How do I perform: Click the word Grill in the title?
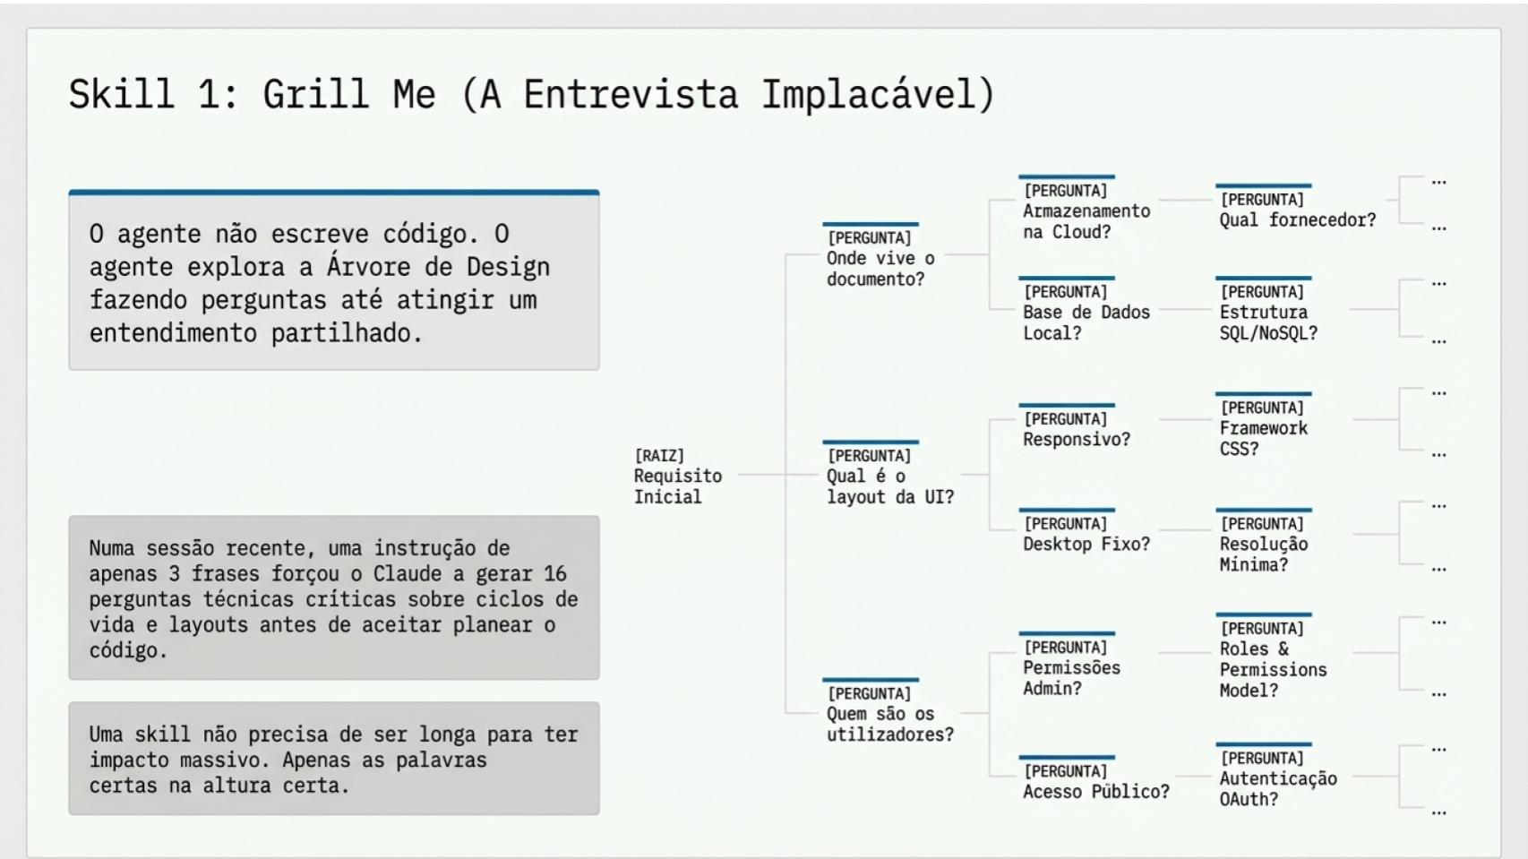pos(316,93)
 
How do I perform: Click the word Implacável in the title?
pos(878,95)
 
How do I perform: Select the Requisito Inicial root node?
pos(677,477)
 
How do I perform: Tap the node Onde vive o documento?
pos(880,258)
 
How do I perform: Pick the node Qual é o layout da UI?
pos(889,476)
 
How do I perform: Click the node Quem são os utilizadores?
pos(889,713)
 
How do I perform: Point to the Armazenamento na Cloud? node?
pos(1086,210)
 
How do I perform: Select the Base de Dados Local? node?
pos(1086,312)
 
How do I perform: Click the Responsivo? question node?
pos(1076,427)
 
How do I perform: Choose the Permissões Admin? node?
pos(1071,666)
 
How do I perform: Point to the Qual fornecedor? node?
pos(1298,208)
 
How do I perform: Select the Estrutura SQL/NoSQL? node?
pos(1268,312)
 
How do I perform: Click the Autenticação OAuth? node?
pos(1277,777)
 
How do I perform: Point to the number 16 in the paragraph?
pos(554,574)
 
